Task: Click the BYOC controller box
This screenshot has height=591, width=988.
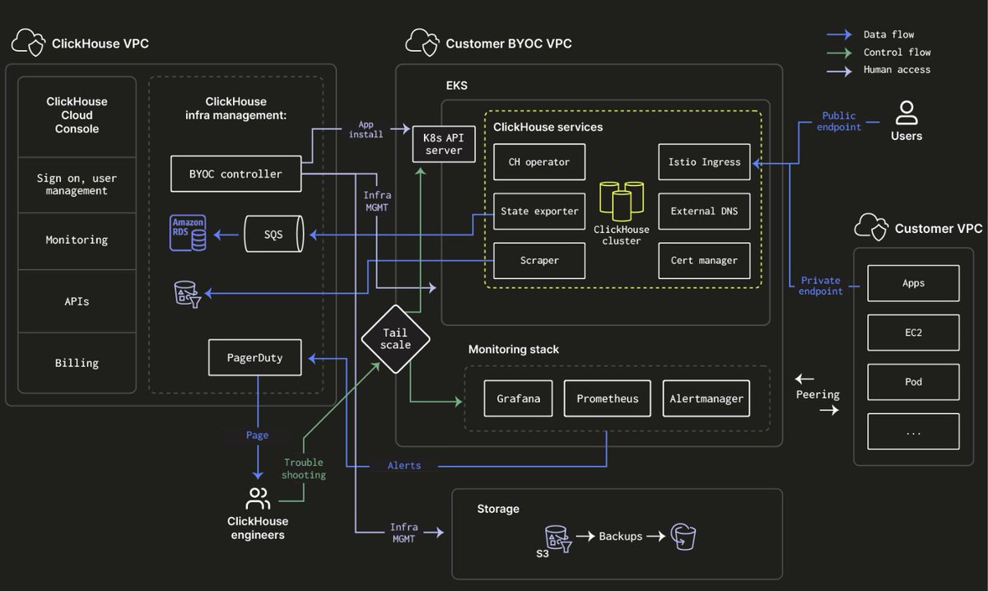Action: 236,174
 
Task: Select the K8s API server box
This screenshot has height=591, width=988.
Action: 444,144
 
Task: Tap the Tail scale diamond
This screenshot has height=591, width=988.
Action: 396,339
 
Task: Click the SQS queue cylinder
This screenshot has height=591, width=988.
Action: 274,234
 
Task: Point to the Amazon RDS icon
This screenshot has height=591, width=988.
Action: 188,232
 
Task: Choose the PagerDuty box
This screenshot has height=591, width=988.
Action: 255,358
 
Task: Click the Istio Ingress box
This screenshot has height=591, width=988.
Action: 705,162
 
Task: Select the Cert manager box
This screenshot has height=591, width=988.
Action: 705,261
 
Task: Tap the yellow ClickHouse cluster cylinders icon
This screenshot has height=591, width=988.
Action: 622,201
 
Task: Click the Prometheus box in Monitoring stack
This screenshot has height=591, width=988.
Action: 608,398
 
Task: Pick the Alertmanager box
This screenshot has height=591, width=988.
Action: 706,398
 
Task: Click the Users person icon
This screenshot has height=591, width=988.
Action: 906,113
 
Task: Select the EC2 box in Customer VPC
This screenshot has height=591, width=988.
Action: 913,333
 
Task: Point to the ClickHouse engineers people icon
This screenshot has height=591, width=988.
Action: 258,498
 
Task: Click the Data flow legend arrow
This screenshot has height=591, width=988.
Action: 839,35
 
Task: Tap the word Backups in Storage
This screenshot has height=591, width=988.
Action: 621,537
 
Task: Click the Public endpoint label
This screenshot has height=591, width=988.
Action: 838,121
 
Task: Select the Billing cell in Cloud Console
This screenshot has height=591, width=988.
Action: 77,363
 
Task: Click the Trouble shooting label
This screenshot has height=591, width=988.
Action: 304,468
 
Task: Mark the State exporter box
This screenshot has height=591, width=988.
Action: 539,212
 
